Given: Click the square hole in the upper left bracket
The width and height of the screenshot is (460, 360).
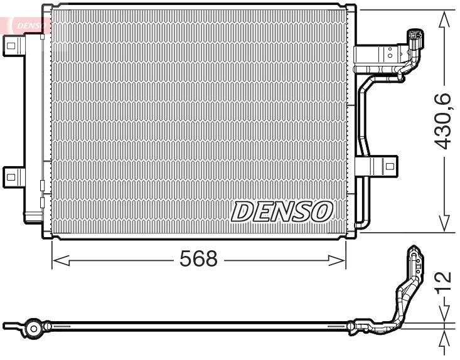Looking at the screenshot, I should pos(11,43).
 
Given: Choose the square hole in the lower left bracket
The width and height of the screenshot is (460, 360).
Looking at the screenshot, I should pos(11,176).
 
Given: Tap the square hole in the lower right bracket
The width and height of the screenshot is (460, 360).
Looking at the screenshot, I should pos(390,167).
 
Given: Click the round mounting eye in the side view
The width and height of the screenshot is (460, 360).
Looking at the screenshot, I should pos(33,327).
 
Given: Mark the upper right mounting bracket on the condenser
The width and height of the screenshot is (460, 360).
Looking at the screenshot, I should pos(377,55).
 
